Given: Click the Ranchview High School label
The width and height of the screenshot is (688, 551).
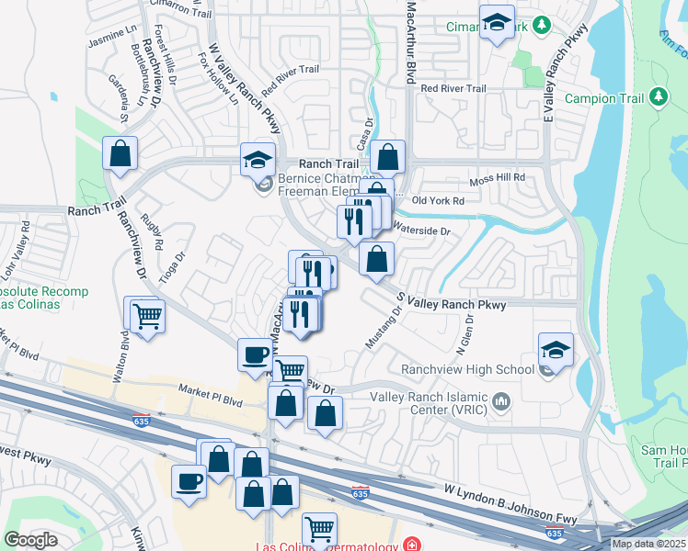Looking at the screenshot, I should coord(467,370).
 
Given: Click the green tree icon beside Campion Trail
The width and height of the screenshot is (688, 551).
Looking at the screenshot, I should coord(658,96).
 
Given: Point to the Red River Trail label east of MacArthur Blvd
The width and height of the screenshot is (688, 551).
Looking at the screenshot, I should coord(453,89).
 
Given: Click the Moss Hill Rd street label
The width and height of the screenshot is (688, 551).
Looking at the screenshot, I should coord(497,177).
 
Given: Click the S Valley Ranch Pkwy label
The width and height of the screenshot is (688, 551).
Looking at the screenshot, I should coord(451,302).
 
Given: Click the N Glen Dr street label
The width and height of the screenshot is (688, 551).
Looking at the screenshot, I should coord(464,337).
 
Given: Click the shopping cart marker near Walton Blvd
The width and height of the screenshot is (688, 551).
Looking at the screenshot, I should coord(146,317).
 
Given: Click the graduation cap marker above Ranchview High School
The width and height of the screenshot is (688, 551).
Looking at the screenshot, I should coord(556,349).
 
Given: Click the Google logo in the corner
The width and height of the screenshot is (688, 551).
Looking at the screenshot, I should coord(31,540).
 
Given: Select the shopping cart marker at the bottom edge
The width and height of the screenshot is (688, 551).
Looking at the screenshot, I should coord(318,528).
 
